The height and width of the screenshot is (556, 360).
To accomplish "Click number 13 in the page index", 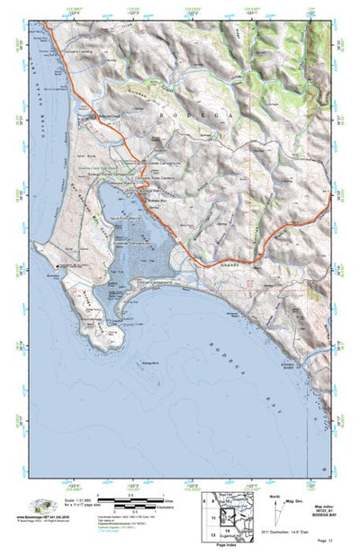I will coord(208,534).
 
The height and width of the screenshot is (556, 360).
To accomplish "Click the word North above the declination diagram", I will coord(274,494).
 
